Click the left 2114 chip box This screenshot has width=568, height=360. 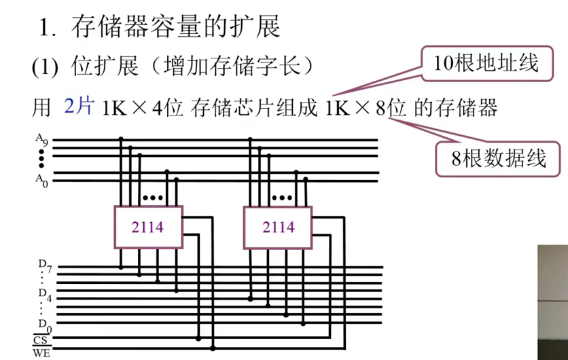pyautogui.click(x=147, y=227)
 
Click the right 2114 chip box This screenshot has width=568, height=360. pyautogui.click(x=278, y=227)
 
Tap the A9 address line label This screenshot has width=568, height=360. pyautogui.click(x=42, y=141)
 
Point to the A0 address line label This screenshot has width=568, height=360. pyautogui.click(x=42, y=179)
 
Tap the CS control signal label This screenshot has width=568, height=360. pyautogui.click(x=40, y=339)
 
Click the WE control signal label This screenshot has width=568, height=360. pyautogui.click(x=40, y=353)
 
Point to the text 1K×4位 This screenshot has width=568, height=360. pyautogui.click(x=143, y=108)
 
